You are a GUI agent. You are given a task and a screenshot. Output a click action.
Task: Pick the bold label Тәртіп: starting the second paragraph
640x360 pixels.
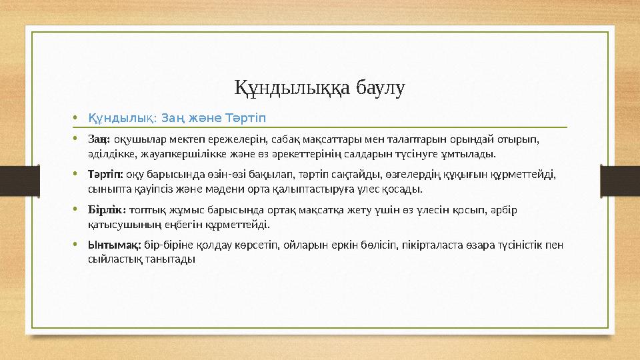tap(105, 174)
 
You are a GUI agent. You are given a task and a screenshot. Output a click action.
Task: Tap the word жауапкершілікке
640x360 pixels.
tap(173, 155)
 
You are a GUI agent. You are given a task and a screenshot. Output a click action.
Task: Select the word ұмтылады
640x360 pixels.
tap(474, 155)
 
